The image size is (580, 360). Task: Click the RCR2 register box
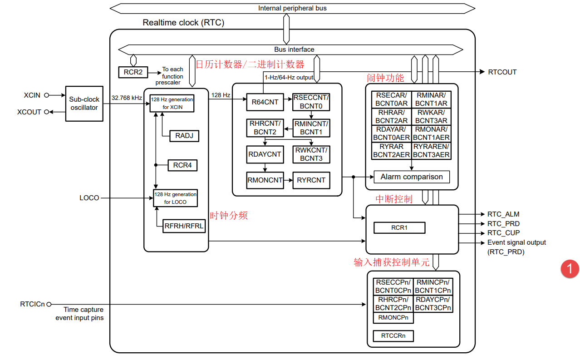[x=133, y=72]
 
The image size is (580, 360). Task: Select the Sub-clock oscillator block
[x=84, y=104]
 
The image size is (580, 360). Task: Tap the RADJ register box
[x=184, y=135]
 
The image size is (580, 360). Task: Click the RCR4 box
[x=182, y=165]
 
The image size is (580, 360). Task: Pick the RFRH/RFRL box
[x=184, y=226]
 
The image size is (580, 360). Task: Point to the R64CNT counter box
[x=265, y=102]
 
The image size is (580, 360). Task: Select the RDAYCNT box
[x=265, y=154]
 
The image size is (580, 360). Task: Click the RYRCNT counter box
[x=311, y=180]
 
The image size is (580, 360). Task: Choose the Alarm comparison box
[x=412, y=177]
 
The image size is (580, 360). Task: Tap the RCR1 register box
[x=399, y=227]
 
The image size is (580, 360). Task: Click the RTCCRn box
[x=393, y=336]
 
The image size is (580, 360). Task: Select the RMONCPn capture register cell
[x=393, y=318]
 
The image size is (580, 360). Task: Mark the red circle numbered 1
[x=570, y=269]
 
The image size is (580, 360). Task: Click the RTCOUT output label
[x=502, y=72]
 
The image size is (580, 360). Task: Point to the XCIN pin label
[x=32, y=95]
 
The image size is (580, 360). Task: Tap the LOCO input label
[x=89, y=198]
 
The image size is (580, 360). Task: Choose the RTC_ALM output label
[x=503, y=214]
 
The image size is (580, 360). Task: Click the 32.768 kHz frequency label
[x=127, y=98]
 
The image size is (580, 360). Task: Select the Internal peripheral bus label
[x=292, y=8]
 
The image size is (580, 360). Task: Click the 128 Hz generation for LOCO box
[x=175, y=198]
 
